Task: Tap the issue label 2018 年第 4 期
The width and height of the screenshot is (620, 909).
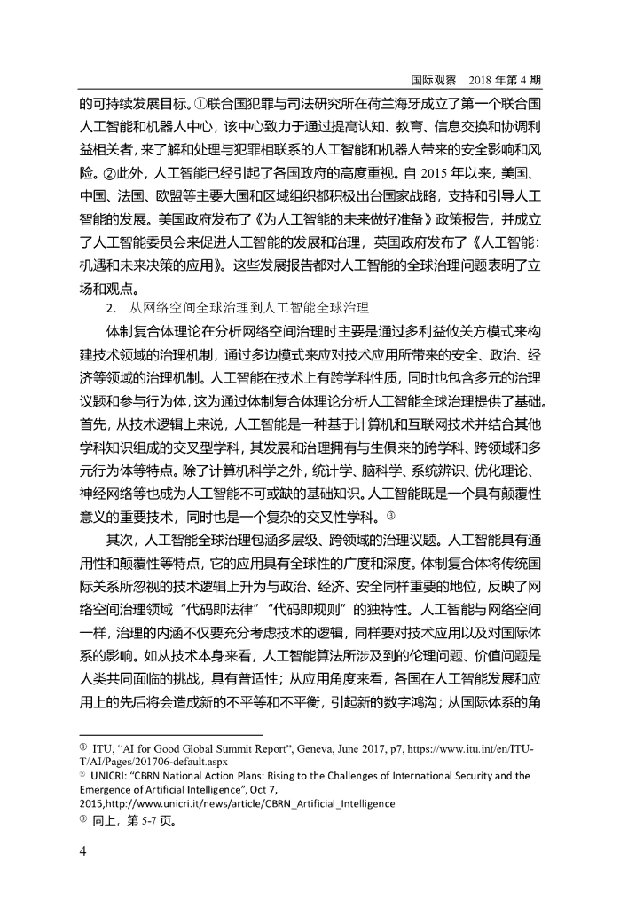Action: tap(500, 79)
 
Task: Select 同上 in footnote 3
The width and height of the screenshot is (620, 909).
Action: tap(105, 821)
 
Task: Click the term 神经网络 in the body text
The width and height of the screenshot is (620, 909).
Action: tap(111, 498)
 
